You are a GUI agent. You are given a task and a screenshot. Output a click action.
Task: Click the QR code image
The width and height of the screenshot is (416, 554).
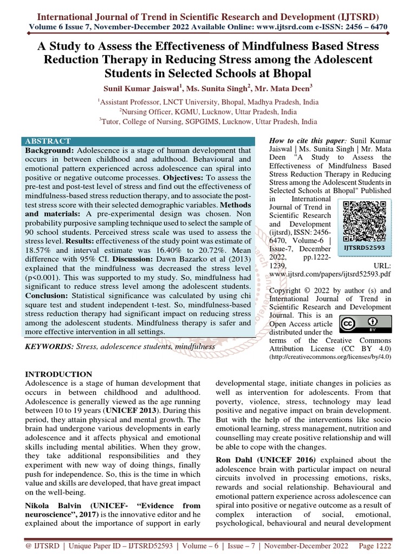tap(365, 221)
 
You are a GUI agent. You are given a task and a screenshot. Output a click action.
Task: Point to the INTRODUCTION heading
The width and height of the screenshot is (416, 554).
tap(59, 374)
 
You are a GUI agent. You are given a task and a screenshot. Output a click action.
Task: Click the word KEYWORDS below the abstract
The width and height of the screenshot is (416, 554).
tap(50, 345)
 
